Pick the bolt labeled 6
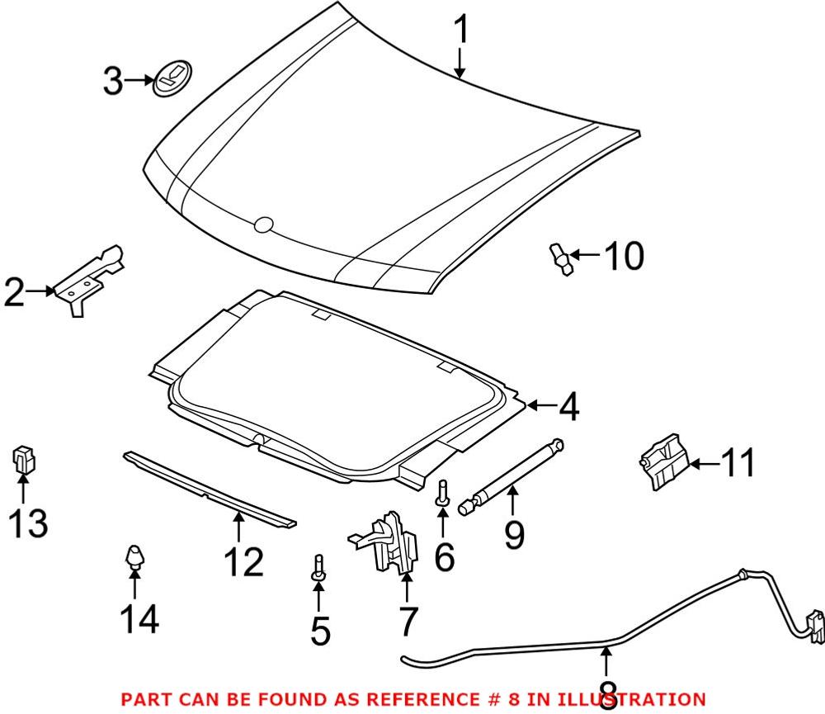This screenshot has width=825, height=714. [x=443, y=494]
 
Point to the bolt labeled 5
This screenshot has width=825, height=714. [x=318, y=567]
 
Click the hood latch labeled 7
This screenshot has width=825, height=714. [x=388, y=541]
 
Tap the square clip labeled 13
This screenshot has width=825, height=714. [x=22, y=460]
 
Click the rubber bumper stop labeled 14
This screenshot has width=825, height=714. [x=133, y=557]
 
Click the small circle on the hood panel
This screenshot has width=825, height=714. [x=263, y=224]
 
